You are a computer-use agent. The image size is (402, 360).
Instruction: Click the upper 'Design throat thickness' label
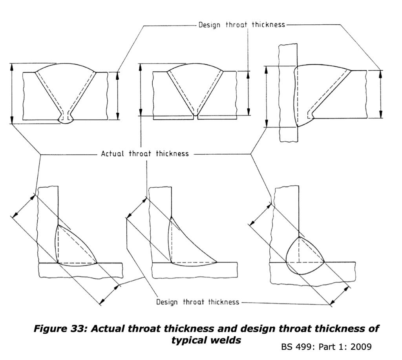tap(241, 25)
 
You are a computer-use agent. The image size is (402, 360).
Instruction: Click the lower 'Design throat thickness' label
tap(197, 302)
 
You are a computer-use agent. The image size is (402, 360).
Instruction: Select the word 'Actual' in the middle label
tap(114, 154)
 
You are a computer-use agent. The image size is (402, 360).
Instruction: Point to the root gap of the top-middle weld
tap(196, 117)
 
